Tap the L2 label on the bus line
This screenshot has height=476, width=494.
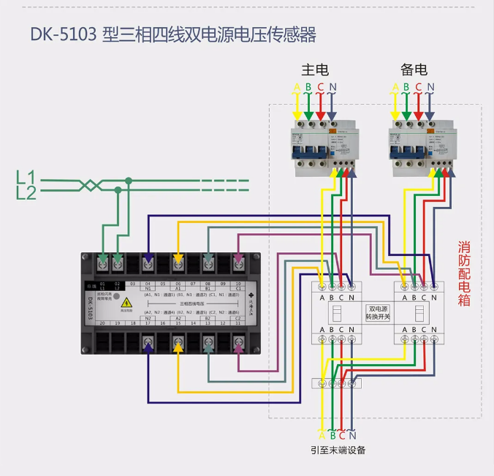click(x=26, y=192)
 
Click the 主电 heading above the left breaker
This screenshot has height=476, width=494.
click(x=315, y=70)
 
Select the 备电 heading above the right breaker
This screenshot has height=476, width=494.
click(x=414, y=70)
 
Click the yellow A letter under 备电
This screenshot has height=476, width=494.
click(x=395, y=88)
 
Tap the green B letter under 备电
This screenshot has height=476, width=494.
click(x=407, y=88)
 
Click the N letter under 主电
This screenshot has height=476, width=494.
click(x=332, y=88)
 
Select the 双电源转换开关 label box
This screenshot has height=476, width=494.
click(x=379, y=314)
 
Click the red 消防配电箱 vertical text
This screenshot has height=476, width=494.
click(x=464, y=273)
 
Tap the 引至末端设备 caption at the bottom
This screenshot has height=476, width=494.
click(x=338, y=450)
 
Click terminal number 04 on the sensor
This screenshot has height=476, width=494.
click(x=148, y=283)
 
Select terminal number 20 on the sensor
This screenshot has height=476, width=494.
click(x=102, y=322)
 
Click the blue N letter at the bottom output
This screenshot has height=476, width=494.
click(x=352, y=435)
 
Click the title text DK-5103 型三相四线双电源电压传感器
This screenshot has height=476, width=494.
click(x=173, y=35)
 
